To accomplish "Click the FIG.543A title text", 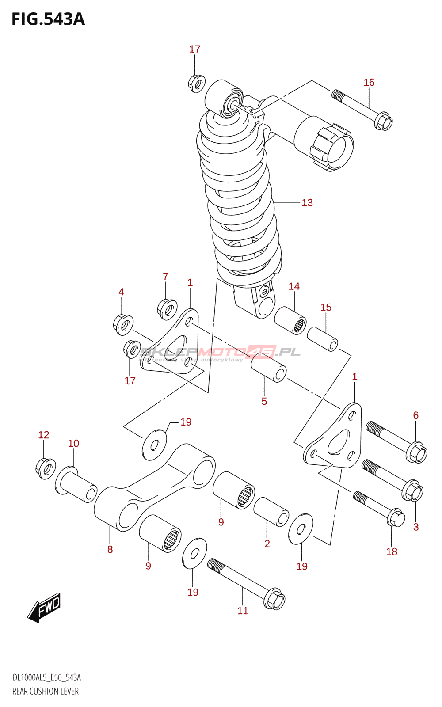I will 48,19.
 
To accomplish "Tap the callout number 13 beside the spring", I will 307,203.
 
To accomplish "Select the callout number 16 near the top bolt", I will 369,83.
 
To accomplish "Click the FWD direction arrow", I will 44,608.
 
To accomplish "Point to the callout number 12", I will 44,435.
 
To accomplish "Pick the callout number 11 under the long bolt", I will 243,611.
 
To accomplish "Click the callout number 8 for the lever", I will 110,549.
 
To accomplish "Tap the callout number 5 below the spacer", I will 264,401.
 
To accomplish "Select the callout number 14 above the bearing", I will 294,286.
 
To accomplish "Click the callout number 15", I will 326,307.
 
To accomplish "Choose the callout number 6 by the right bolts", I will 416,415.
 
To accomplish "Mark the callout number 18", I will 392,551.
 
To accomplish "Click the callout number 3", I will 416,527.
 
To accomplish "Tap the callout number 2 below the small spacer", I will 267,544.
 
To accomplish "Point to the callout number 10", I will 73,443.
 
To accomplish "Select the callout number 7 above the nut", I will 165,277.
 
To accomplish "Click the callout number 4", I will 121,292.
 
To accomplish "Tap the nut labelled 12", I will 45,468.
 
